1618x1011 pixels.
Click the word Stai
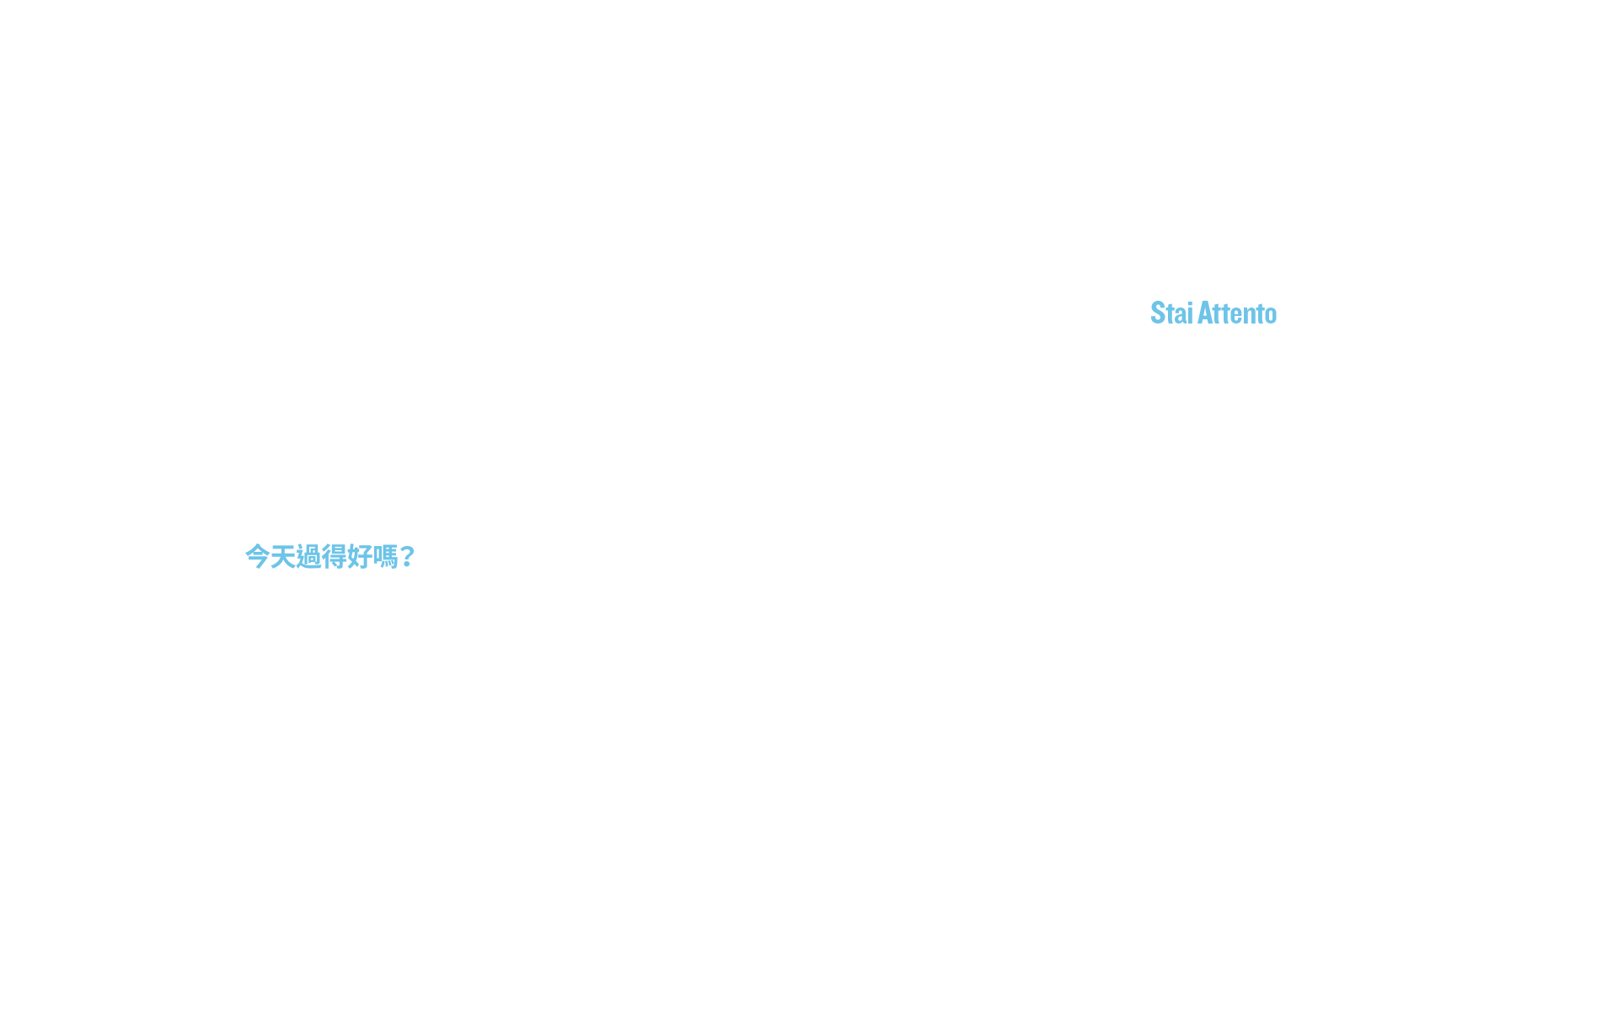tap(1171, 313)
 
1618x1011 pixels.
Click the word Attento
tap(1237, 313)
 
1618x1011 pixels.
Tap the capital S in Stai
tap(1159, 313)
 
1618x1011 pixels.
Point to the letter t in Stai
tap(1172, 313)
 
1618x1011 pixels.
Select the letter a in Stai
tap(1182, 316)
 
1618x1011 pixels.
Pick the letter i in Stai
tap(1191, 313)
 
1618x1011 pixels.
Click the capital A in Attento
tap(1206, 313)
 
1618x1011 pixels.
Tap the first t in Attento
tap(1219, 313)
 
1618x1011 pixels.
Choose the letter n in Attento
tap(1251, 316)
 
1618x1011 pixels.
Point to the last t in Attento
tap(1261, 313)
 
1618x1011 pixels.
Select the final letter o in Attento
tap(1272, 316)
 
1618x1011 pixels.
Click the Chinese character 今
tap(257, 556)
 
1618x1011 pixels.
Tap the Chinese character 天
tap(282, 556)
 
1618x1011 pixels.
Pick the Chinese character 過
tap(308, 556)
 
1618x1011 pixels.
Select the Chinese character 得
tap(334, 556)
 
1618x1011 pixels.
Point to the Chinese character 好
tap(359, 556)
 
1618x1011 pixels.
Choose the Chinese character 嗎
tap(385, 556)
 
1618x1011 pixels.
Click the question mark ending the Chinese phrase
tap(407, 556)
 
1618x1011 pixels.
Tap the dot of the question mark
tap(407, 565)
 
